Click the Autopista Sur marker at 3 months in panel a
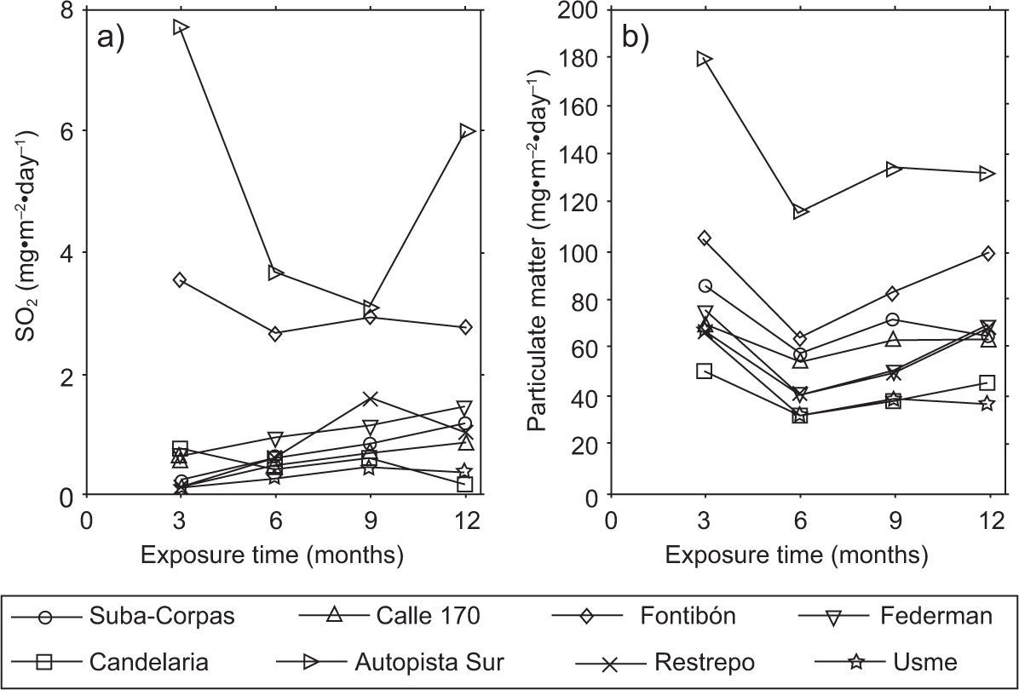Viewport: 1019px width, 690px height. pos(180,27)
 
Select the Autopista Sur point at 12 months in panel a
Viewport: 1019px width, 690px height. pos(465,131)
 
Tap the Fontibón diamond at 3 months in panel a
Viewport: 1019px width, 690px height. pos(180,279)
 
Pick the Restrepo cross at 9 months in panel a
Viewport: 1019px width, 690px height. pos(370,399)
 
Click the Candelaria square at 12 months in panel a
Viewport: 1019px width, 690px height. pos(465,484)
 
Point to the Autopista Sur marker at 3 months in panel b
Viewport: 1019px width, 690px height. pos(705,59)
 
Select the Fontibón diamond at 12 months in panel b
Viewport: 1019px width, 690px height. pos(988,253)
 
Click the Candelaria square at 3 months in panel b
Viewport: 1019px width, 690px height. pos(705,371)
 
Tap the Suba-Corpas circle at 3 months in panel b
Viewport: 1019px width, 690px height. pos(705,285)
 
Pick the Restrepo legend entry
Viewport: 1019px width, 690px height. pos(656,662)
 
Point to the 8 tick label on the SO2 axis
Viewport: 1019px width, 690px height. pos(66,10)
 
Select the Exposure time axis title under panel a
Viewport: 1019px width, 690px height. pos(272,556)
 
